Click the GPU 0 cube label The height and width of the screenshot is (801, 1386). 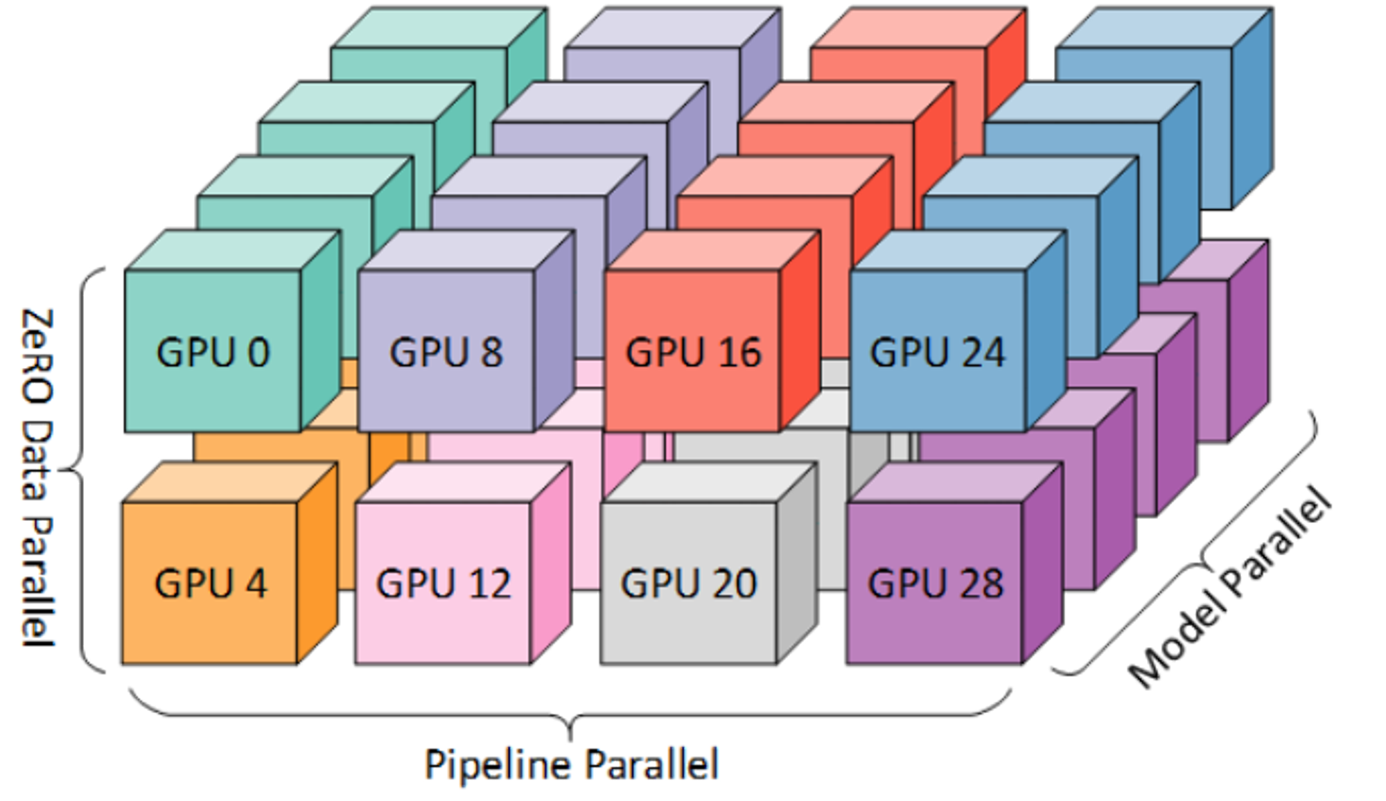click(x=213, y=352)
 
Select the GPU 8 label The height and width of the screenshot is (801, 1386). click(x=446, y=352)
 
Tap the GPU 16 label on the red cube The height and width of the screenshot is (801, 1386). click(x=692, y=352)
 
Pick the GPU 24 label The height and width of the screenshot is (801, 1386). click(x=937, y=352)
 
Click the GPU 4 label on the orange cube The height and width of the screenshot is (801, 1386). click(x=211, y=583)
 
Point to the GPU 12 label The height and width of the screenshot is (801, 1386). click(x=444, y=583)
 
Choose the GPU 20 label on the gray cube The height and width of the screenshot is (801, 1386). click(x=688, y=583)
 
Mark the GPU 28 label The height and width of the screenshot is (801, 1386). click(x=935, y=583)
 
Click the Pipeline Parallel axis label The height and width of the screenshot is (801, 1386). click(x=572, y=764)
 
